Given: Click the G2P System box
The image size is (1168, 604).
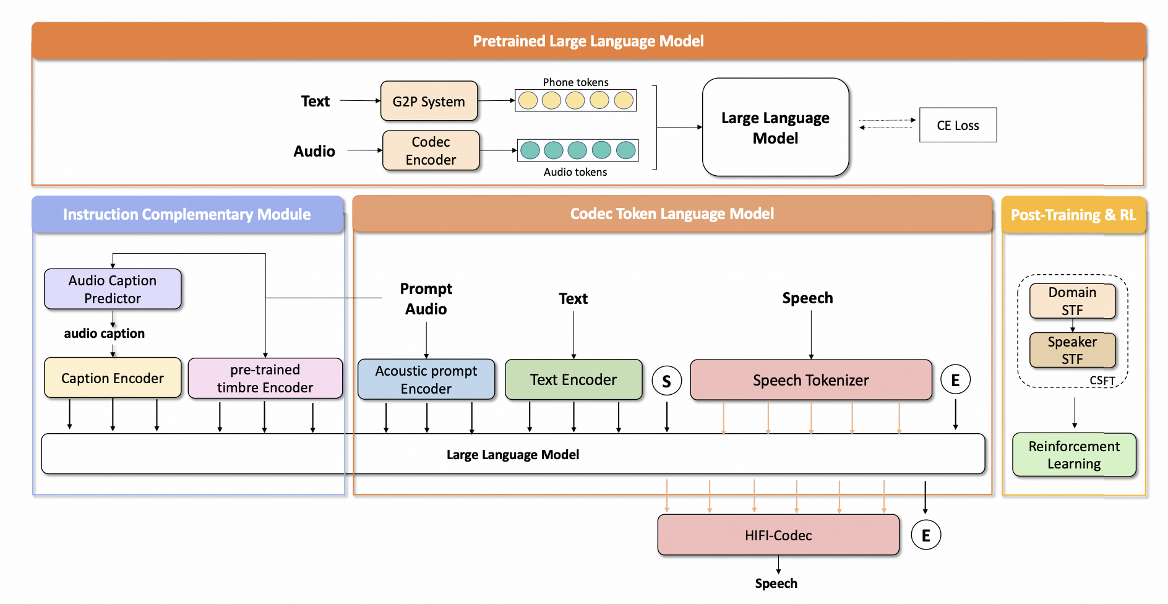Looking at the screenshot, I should click(x=429, y=101).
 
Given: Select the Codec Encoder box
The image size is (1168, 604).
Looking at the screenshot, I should click(x=431, y=150).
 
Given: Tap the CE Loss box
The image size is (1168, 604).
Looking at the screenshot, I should click(x=958, y=125).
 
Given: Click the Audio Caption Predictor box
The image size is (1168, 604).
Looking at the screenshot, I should click(x=113, y=289).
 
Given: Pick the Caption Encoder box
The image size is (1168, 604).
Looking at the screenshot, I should click(x=113, y=377).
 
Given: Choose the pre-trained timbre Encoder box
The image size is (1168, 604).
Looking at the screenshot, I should click(x=265, y=378).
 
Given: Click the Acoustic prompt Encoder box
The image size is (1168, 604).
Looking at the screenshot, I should click(x=426, y=379).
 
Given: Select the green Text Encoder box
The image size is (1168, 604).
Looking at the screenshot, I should click(x=573, y=379).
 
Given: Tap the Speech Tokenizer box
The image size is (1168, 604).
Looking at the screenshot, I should click(x=810, y=380).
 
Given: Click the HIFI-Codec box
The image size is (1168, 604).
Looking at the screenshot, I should click(x=778, y=535).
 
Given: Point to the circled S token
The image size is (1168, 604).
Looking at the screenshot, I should click(x=666, y=381).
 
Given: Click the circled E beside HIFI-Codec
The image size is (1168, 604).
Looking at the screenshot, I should click(x=926, y=535).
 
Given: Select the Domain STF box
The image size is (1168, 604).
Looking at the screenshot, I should click(x=1072, y=301).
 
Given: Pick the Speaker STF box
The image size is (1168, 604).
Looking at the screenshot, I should click(x=1072, y=350).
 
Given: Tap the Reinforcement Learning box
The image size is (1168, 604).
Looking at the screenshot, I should click(x=1074, y=455).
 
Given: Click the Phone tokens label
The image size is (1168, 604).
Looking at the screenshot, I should click(x=575, y=82).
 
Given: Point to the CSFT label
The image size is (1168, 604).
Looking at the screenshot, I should click(x=1102, y=381).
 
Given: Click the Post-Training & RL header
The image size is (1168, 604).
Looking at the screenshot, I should click(x=1073, y=215).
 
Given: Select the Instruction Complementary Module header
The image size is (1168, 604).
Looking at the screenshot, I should click(x=187, y=214).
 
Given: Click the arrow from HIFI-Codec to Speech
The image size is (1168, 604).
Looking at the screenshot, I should click(x=778, y=564).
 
